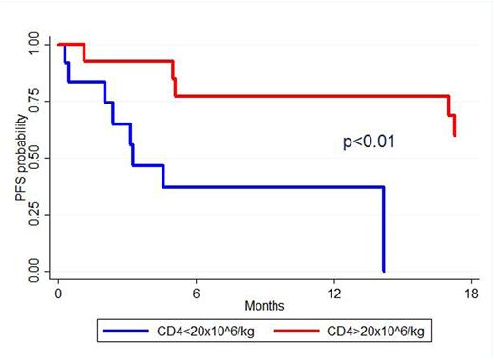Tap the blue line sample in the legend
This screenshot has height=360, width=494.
click(x=123, y=334)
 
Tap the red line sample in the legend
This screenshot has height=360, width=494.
click(x=302, y=334)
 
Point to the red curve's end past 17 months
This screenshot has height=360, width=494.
click(x=454, y=125)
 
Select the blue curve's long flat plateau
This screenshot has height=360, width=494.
click(x=275, y=187)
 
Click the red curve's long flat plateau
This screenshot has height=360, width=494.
click(x=313, y=96)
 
